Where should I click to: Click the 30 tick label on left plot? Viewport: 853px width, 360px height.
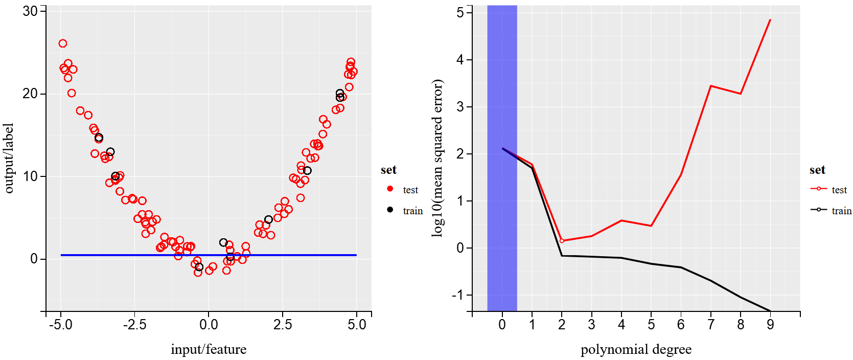click(30, 11)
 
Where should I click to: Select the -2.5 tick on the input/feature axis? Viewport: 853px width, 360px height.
click(134, 325)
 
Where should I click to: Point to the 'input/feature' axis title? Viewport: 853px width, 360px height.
click(209, 349)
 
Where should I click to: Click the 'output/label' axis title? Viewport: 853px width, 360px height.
click(9, 158)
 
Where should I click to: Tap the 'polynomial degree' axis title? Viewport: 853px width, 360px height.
click(636, 349)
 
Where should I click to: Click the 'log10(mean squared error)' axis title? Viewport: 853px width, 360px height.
click(437, 158)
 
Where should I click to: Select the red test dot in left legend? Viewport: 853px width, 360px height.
click(390, 189)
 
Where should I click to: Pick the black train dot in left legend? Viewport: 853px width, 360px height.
click(390, 210)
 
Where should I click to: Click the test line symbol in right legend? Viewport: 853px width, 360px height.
click(818, 189)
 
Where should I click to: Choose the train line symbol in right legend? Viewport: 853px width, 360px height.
click(818, 210)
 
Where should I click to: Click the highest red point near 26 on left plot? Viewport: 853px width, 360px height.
click(63, 43)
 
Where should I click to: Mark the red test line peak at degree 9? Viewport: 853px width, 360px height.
click(770, 20)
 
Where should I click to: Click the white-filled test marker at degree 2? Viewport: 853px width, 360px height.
click(562, 240)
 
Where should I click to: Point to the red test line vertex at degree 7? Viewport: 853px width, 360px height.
click(710, 86)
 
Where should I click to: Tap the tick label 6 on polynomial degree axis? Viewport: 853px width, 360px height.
click(681, 325)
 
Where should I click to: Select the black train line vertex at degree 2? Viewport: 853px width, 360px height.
click(562, 256)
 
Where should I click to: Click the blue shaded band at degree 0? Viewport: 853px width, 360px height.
click(502, 205)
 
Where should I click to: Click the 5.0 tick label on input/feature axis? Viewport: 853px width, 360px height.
click(356, 325)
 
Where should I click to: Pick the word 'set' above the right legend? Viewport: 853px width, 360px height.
click(817, 170)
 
